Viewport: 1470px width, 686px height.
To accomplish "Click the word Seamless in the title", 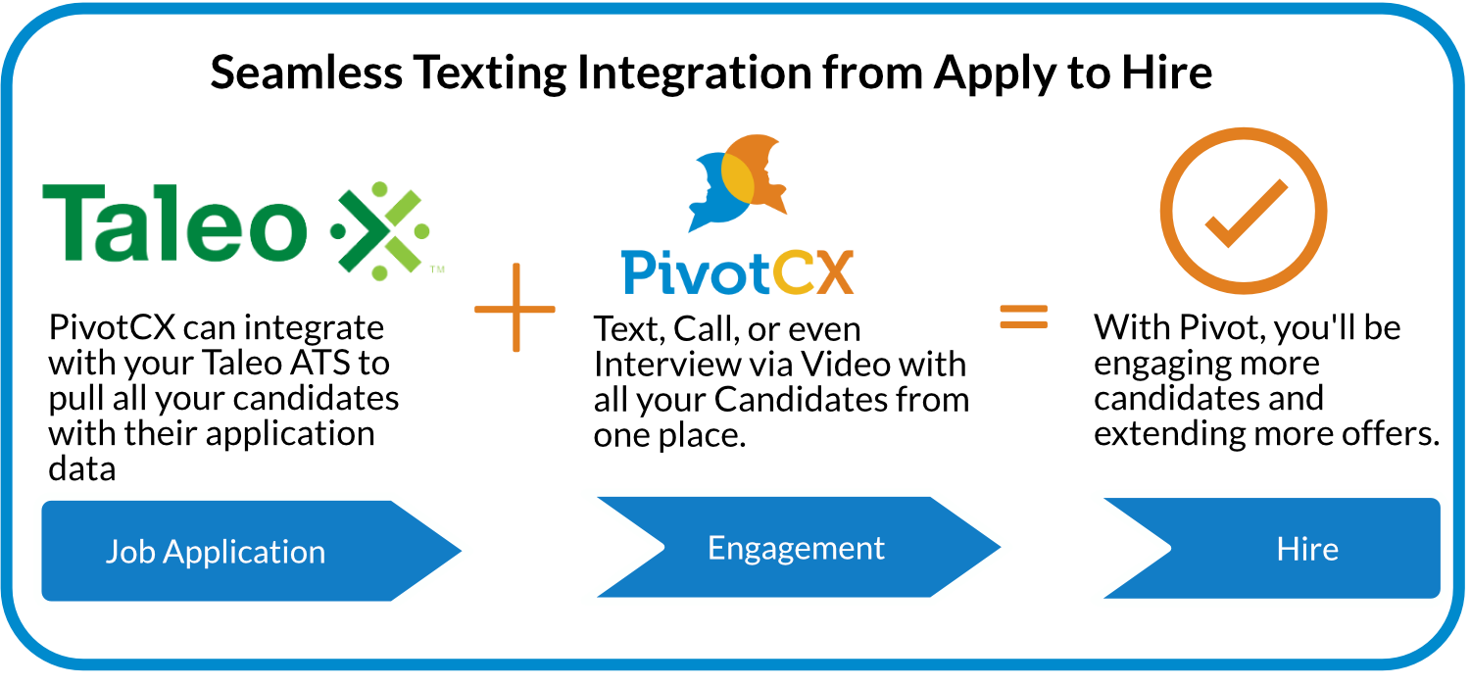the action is [306, 73].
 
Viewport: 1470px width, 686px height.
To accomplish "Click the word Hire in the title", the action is [1165, 73].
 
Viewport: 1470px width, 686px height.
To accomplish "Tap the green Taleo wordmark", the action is [174, 222].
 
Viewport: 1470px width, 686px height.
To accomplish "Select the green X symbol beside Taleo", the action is [380, 231].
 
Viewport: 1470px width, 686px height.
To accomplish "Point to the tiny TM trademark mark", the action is [438, 269].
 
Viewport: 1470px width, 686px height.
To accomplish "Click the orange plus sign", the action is [515, 308].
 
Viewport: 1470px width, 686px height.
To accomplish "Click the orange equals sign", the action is [1024, 317].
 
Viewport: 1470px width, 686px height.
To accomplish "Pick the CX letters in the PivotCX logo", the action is [812, 271].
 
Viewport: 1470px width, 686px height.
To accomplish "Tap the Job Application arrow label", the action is [216, 552].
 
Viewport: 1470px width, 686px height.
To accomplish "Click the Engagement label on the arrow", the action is [796, 548].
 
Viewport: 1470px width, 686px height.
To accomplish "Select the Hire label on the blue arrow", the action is [1307, 549].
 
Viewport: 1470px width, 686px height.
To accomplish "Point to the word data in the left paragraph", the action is [82, 468].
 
